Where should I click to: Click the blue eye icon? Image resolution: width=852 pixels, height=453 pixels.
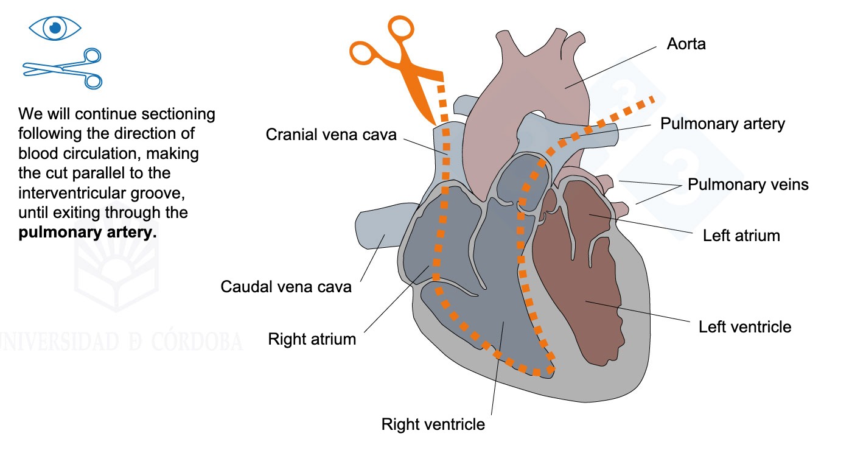tap(55, 28)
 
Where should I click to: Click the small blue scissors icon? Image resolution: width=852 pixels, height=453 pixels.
tap(63, 69)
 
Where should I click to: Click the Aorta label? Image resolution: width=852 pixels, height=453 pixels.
tap(686, 44)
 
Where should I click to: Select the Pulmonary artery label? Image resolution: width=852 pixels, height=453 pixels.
tap(722, 124)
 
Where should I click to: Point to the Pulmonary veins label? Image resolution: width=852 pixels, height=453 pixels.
tap(748, 184)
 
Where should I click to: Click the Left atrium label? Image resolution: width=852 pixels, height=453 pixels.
tap(741, 236)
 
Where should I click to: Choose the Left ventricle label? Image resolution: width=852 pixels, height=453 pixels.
tap(745, 327)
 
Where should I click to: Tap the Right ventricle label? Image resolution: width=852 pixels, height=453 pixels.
tap(433, 424)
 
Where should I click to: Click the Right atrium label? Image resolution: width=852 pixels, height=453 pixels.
tap(312, 339)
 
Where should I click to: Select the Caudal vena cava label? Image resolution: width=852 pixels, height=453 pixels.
tap(286, 287)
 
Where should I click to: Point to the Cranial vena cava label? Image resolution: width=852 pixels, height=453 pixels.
tap(331, 135)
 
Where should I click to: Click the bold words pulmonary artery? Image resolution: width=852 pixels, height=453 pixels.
tap(88, 232)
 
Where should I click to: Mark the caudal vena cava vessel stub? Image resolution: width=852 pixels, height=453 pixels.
tap(380, 226)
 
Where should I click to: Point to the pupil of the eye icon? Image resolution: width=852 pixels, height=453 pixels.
tap(55, 28)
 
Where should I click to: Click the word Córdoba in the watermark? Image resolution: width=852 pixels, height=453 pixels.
tap(197, 342)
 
